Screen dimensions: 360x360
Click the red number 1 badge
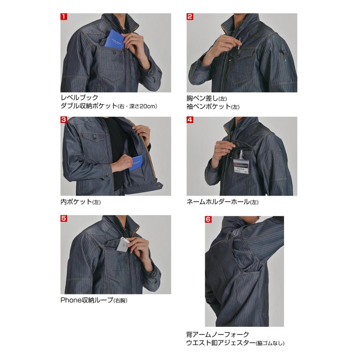(64, 17)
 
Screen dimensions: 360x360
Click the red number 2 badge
(190, 17)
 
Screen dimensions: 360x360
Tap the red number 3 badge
(64, 120)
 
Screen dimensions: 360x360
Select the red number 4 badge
(190, 120)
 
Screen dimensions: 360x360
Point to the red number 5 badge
(64, 219)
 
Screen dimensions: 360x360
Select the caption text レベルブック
(79, 98)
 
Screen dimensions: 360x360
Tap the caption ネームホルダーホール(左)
(222, 202)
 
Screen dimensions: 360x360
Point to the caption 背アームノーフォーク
(218, 334)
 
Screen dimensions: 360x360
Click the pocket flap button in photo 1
(115, 53)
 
